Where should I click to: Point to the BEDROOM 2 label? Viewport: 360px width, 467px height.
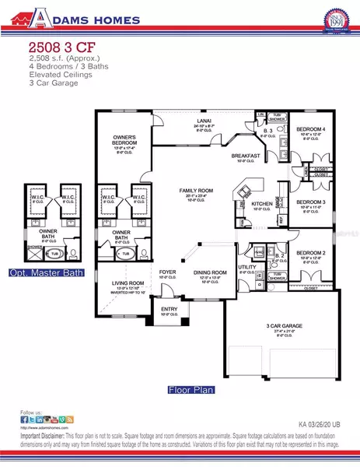[310, 253]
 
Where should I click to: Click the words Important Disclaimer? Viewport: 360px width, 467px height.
[42, 437]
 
